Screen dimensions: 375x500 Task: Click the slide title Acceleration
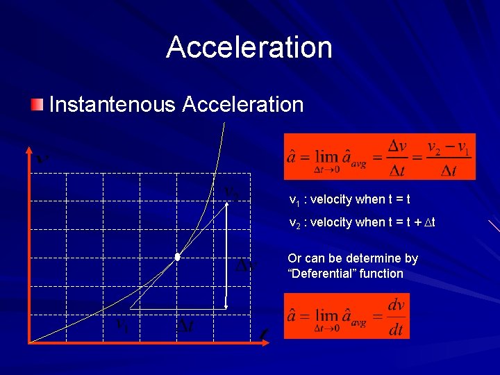(x=249, y=47)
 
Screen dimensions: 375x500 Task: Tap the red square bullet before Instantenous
(x=36, y=105)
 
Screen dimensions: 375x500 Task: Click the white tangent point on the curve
(x=178, y=257)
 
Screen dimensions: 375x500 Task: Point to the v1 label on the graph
(x=122, y=324)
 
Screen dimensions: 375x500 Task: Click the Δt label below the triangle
(x=186, y=325)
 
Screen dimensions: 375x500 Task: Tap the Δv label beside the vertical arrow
(x=245, y=267)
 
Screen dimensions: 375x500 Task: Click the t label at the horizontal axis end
(x=262, y=335)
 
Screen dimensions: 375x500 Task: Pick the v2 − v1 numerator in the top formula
(x=448, y=148)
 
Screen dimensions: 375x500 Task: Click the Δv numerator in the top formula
(x=397, y=146)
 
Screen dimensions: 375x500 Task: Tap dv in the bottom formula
(x=396, y=306)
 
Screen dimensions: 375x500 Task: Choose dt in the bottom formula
(x=396, y=330)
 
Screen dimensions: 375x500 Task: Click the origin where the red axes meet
(x=29, y=342)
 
